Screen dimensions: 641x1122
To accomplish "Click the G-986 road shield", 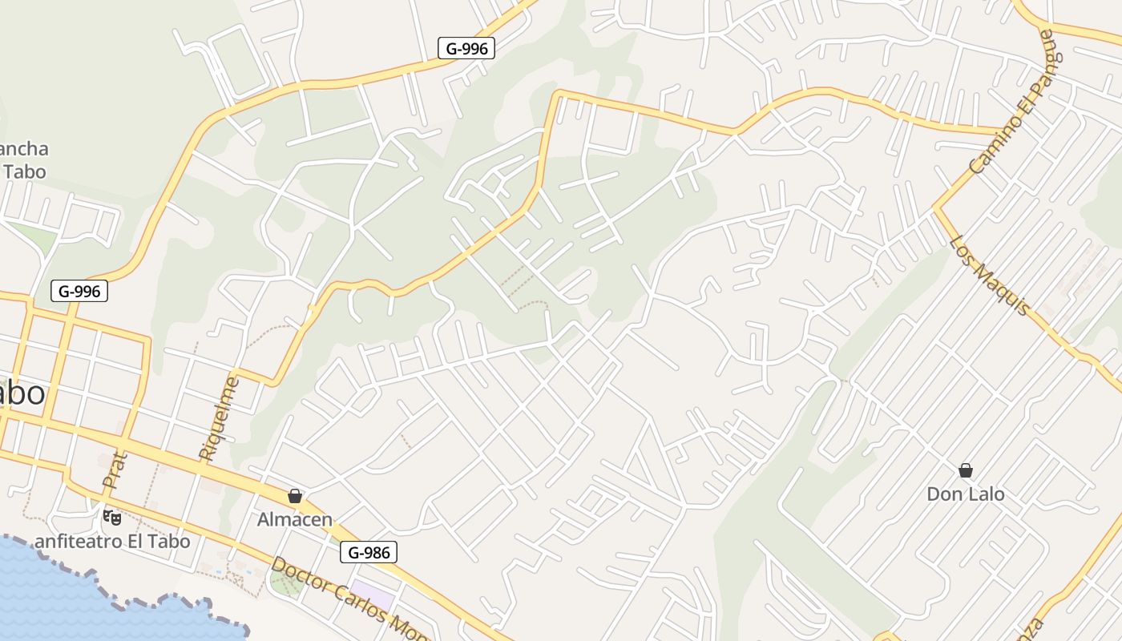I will point(369,551).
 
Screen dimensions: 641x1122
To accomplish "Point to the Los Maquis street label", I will point(989,275).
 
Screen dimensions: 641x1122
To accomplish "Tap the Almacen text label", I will point(295,519).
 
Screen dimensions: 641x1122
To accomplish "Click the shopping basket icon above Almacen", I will point(295,496).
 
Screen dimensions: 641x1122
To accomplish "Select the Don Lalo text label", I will point(966,494).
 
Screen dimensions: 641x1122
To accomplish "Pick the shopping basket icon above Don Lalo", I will point(966,470).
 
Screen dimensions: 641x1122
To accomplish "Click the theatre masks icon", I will point(112,518).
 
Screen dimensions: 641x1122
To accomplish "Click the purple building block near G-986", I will point(373,598).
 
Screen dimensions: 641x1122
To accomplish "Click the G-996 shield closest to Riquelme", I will point(79,291).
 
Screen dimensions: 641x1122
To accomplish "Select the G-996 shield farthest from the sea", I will point(466,48).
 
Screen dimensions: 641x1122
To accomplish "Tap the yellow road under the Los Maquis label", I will point(1042,320).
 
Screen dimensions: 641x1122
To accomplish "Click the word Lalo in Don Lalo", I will point(986,494).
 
